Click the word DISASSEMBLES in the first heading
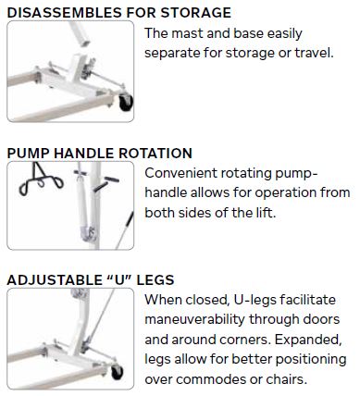click(64, 13)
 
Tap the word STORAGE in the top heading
click(195, 13)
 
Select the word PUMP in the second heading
click(28, 154)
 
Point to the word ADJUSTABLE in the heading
click(54, 279)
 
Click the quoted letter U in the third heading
click(119, 279)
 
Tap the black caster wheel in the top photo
click(126, 103)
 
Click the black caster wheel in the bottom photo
click(117, 372)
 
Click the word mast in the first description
click(186, 33)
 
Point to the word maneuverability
click(195, 320)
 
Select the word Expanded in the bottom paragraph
click(308, 340)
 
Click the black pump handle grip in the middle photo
click(111, 179)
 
